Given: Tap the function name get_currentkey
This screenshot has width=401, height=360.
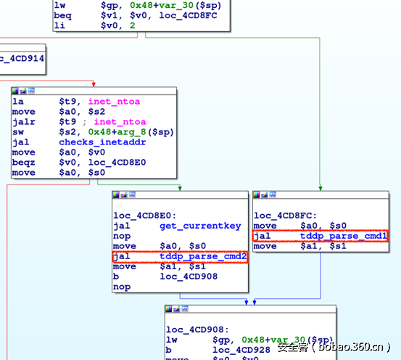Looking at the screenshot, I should [x=199, y=226].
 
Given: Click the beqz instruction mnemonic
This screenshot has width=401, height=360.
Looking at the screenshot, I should [x=24, y=163].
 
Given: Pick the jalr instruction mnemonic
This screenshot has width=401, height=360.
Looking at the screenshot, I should [x=24, y=122].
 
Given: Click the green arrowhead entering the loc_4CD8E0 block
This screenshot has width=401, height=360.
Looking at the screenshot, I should [x=179, y=188].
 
